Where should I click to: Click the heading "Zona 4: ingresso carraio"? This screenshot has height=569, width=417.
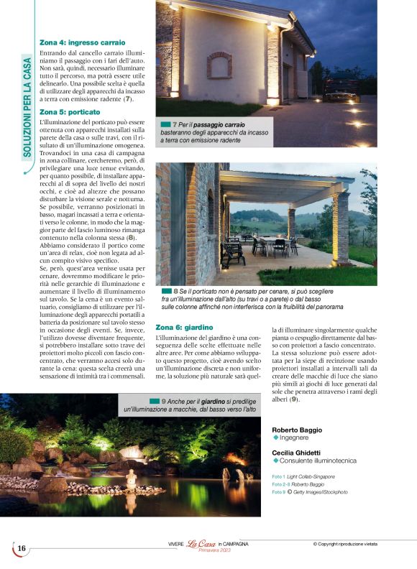pos(82,42)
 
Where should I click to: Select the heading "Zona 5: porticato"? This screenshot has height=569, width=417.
pos(70,112)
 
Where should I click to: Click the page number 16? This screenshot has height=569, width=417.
pos(22,549)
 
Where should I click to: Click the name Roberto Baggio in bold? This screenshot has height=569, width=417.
pos(297,430)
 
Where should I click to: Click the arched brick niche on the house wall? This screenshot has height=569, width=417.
pos(219,65)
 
